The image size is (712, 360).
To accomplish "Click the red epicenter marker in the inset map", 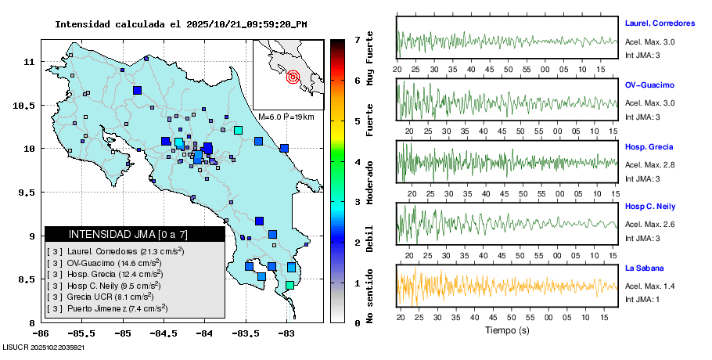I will point(293,77).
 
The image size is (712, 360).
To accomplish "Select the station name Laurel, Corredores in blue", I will point(660,23).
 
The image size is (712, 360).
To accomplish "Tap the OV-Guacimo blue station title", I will point(649,85).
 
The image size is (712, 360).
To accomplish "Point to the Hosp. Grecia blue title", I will point(649,146).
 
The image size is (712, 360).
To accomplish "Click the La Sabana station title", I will point(644,268).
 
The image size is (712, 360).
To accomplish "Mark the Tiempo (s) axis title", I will point(507,330).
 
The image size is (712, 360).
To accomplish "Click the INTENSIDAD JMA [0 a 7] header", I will point(128,234).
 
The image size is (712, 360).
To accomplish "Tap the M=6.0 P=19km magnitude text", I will point(286,117).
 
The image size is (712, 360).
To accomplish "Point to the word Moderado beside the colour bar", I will point(369,181).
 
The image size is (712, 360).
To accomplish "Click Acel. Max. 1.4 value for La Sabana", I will point(649,286).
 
